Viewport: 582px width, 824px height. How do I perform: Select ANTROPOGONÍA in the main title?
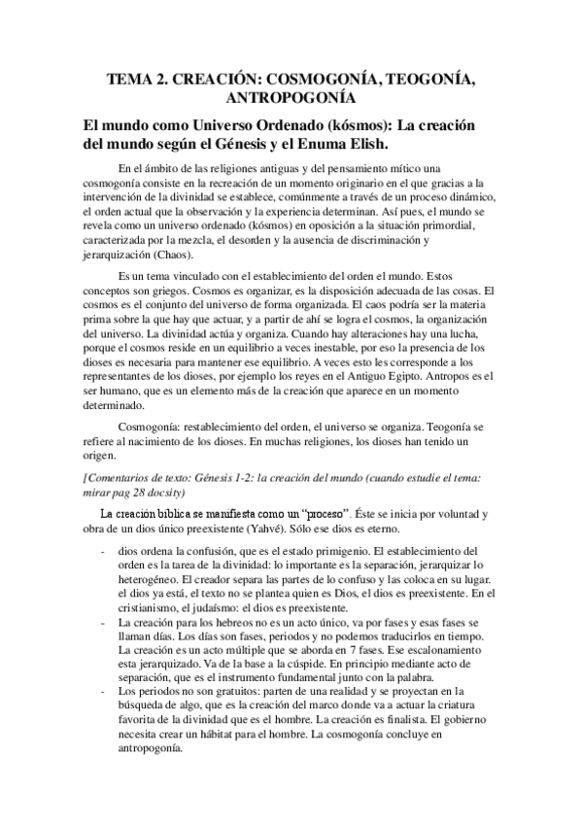coord(291,99)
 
